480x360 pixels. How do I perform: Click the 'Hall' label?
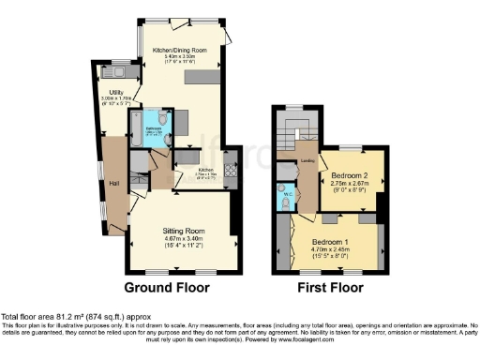(112, 183)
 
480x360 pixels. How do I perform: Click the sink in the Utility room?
(119, 71)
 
